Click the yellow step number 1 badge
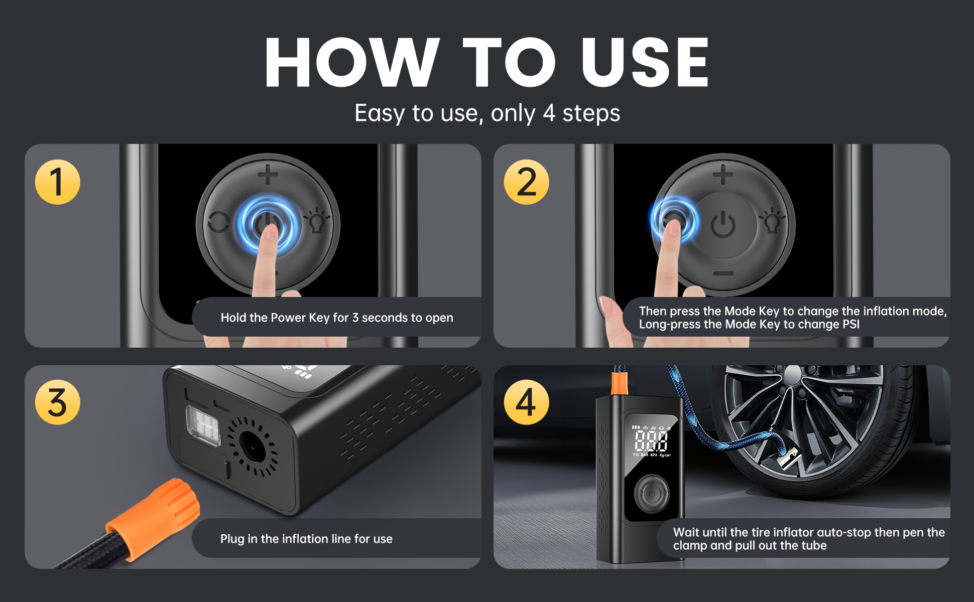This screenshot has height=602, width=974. click(x=57, y=182)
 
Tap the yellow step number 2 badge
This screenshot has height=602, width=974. click(x=526, y=182)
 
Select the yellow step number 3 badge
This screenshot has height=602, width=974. click(x=57, y=402)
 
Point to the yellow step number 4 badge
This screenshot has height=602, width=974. click(x=526, y=402)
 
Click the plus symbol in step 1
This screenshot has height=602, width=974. click(x=268, y=175)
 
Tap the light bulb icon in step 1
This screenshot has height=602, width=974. click(x=316, y=221)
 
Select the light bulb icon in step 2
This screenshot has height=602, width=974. click(x=772, y=221)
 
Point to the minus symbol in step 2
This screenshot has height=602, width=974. click(x=723, y=273)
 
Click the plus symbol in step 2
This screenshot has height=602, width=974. click(x=723, y=175)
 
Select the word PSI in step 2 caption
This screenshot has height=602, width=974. click(x=851, y=324)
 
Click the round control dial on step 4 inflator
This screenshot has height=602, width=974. click(x=651, y=494)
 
